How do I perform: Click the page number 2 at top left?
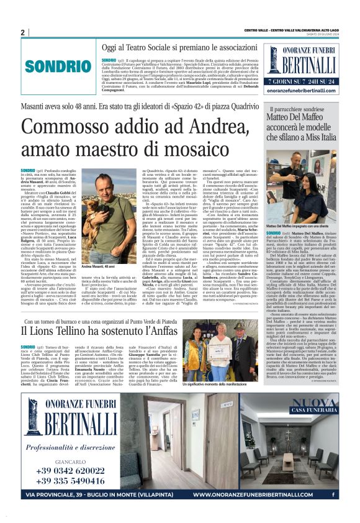click(x=22, y=32)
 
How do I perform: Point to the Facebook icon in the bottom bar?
click(x=333, y=494)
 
